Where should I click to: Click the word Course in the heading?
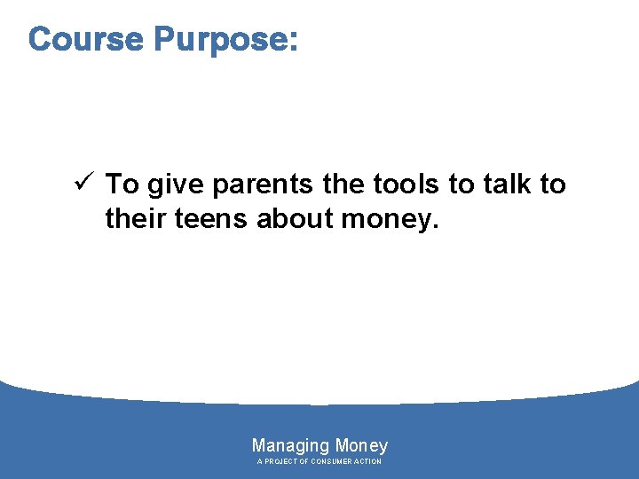coord(86,39)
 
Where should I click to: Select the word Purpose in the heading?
coord(217,40)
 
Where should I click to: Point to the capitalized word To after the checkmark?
coord(122,185)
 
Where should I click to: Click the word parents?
coord(263,185)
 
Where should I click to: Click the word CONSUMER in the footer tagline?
coord(333,462)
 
